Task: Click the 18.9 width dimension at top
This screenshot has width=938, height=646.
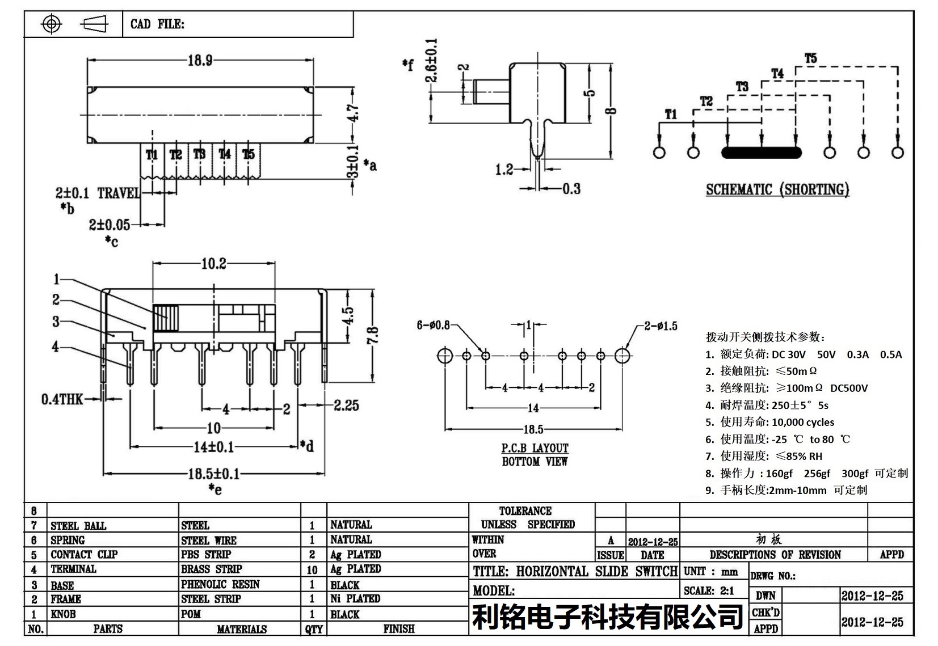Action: click(200, 60)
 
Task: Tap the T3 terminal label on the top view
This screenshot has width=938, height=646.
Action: click(199, 154)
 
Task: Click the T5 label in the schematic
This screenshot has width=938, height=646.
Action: click(810, 58)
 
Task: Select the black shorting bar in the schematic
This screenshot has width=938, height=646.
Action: click(761, 153)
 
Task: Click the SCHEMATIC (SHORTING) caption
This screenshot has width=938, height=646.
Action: click(777, 189)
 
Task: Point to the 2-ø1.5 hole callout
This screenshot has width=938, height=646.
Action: click(660, 326)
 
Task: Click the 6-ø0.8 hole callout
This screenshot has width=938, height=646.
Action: click(433, 325)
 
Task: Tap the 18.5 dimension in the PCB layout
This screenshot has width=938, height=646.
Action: click(533, 429)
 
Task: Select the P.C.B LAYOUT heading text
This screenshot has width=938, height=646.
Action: click(535, 448)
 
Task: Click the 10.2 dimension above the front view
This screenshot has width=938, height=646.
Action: click(213, 263)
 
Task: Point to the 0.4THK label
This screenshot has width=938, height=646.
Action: click(61, 399)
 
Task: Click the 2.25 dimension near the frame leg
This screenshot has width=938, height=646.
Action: click(346, 405)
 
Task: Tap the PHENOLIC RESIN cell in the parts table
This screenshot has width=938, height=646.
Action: click(220, 584)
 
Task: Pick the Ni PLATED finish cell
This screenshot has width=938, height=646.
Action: click(355, 599)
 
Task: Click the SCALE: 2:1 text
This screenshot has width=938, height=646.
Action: click(709, 591)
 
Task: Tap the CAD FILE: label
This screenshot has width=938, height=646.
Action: click(157, 24)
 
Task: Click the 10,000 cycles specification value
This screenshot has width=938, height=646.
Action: click(802, 422)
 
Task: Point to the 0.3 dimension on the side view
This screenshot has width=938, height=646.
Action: click(571, 188)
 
